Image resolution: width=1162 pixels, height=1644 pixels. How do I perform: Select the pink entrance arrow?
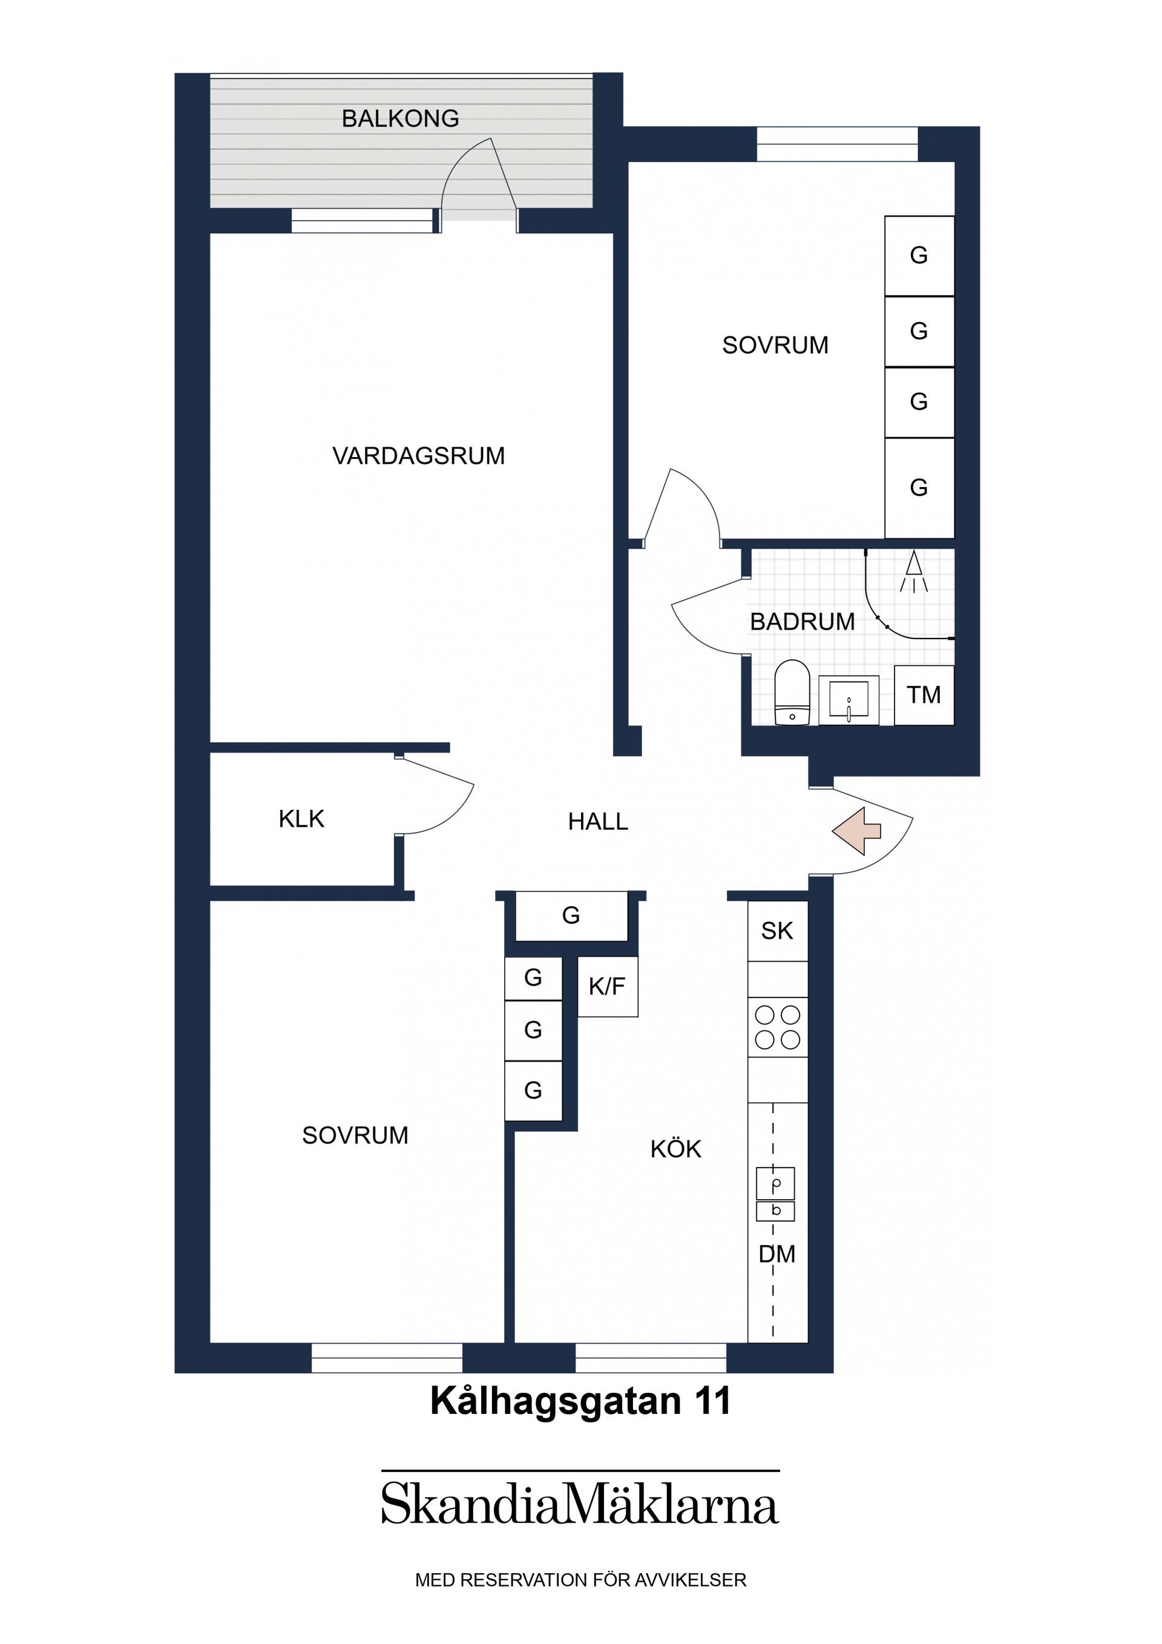(x=856, y=830)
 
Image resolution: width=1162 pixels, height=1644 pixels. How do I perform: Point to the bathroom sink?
(x=849, y=700)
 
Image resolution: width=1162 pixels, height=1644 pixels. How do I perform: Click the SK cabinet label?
(x=777, y=931)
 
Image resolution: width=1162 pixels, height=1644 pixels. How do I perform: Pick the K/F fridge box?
(x=607, y=986)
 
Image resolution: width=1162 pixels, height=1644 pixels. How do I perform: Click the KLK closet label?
(x=301, y=818)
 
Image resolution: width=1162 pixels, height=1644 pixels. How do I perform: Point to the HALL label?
(x=598, y=821)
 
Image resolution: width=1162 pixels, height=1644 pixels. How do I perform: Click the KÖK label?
(x=675, y=1148)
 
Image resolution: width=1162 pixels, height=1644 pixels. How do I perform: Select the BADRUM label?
(x=802, y=622)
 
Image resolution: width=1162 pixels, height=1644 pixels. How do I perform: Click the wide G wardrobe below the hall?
(x=571, y=915)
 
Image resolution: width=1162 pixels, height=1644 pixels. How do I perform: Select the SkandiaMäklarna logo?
(x=580, y=1504)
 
